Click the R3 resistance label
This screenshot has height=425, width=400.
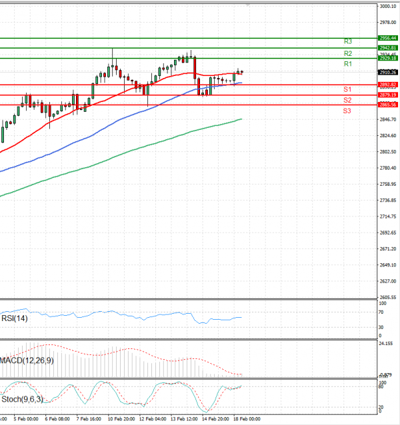click(x=348, y=41)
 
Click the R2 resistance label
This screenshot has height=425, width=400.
click(x=348, y=53)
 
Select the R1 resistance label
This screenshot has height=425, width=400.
click(x=348, y=63)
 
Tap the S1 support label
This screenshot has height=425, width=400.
click(x=347, y=89)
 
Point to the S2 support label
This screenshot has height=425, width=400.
click(x=347, y=100)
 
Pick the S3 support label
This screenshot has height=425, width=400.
click(x=347, y=110)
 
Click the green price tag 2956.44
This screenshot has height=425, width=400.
click(x=387, y=39)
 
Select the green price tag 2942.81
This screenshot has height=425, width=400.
click(x=387, y=48)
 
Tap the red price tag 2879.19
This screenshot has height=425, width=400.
click(x=387, y=95)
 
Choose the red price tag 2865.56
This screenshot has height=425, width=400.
click(x=387, y=105)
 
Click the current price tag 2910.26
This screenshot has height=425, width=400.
click(x=387, y=72)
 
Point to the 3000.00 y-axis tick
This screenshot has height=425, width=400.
click(x=388, y=7)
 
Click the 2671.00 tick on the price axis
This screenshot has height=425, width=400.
click(x=388, y=248)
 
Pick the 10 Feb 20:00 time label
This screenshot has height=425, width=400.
click(x=121, y=420)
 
